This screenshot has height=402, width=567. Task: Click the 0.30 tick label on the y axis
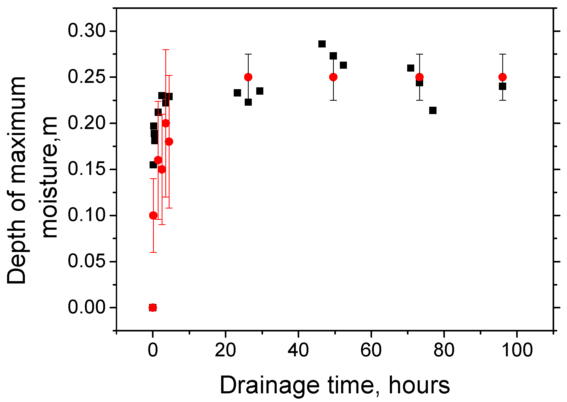(x=86, y=31)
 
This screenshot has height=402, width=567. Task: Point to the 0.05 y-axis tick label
(x=86, y=261)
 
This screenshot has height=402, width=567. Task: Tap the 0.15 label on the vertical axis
(x=86, y=169)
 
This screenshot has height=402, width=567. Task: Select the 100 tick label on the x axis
(x=517, y=350)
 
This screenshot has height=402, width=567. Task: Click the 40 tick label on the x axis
(x=298, y=350)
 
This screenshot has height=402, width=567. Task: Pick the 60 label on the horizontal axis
(x=371, y=350)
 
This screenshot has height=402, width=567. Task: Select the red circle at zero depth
(x=153, y=307)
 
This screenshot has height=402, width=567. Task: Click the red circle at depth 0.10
(x=153, y=215)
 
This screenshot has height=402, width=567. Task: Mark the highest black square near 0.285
(x=322, y=44)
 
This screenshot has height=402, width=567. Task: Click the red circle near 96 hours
(x=503, y=77)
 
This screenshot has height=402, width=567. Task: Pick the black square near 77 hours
(x=433, y=110)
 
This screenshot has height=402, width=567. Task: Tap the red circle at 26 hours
(x=248, y=77)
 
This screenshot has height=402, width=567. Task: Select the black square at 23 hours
(x=237, y=93)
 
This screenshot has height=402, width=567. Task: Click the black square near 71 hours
(x=411, y=68)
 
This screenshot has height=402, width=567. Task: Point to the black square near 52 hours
(x=343, y=65)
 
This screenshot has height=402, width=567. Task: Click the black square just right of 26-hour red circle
(x=260, y=91)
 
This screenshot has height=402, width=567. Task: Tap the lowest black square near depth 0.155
(x=153, y=165)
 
